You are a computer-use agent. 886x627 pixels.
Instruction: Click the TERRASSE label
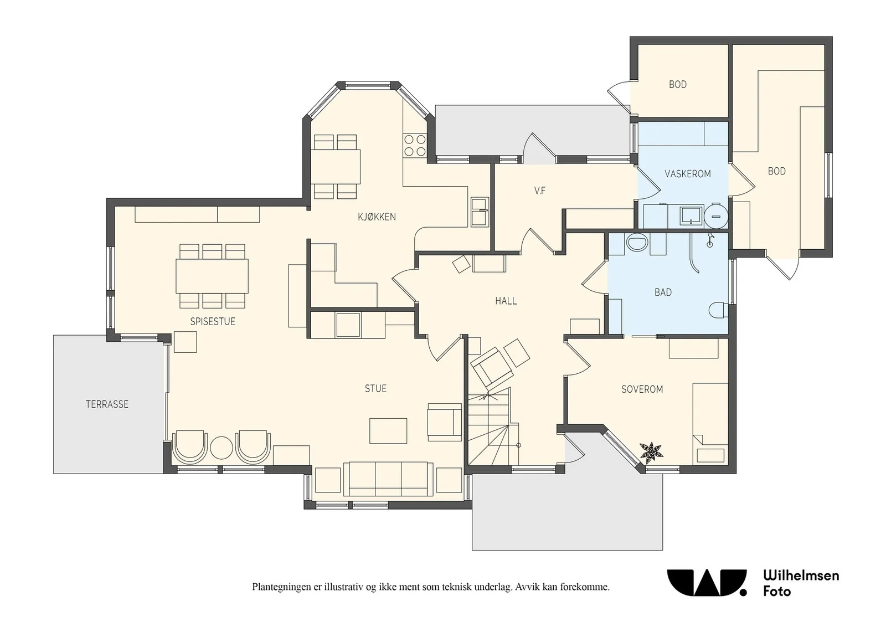107,404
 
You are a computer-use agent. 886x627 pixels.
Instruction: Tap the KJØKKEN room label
377,217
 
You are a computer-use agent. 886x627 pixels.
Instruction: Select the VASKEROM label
687,174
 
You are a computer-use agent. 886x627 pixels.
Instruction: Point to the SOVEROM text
642,389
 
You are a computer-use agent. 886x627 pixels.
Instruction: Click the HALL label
506,301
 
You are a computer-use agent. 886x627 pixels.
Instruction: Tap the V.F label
539,191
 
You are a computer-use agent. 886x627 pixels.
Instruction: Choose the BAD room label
663,292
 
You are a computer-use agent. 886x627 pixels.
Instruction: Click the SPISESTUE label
213,322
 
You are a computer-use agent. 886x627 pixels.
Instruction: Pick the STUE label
375,388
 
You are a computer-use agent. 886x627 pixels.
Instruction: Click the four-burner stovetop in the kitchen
415,145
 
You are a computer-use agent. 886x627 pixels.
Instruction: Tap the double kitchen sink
480,212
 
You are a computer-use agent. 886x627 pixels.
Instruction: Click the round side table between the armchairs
221,448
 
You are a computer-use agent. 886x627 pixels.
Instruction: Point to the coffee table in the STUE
388,431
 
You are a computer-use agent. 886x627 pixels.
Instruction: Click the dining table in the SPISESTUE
212,276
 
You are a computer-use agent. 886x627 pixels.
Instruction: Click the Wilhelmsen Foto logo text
801,583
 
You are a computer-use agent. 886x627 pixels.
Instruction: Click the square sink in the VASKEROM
692,216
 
